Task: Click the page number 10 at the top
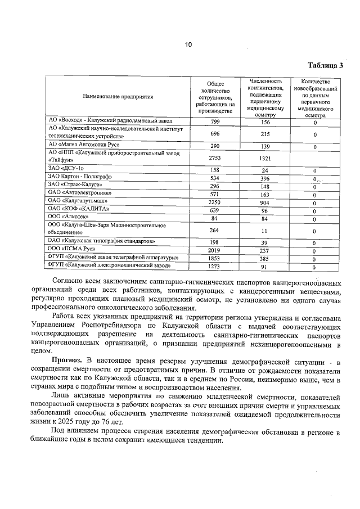pos(188,44)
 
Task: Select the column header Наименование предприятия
pos(118,97)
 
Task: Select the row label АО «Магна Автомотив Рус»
pos(80,145)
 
